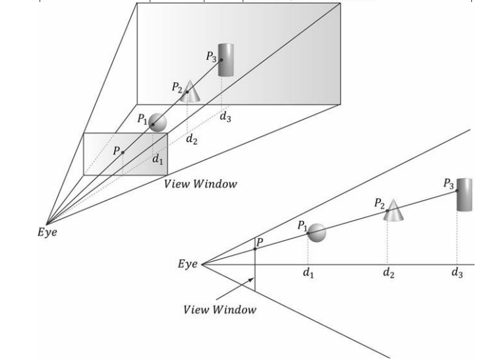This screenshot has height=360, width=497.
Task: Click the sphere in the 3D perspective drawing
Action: point(157,122)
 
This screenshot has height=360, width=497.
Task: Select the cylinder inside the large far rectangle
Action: point(227,59)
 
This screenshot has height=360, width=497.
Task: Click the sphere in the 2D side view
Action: point(317,233)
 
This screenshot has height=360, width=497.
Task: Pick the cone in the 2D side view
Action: point(393,210)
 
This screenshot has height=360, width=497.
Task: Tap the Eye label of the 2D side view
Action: point(188,264)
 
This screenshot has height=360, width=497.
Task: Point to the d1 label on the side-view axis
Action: point(307,274)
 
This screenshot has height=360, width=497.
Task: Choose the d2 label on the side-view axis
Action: point(390,274)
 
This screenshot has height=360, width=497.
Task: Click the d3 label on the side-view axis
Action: point(457,274)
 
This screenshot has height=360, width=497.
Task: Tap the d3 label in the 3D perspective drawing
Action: point(225,118)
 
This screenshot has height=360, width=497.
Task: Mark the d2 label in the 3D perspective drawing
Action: point(191,139)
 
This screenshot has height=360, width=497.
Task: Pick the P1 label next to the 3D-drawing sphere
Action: point(142,119)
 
